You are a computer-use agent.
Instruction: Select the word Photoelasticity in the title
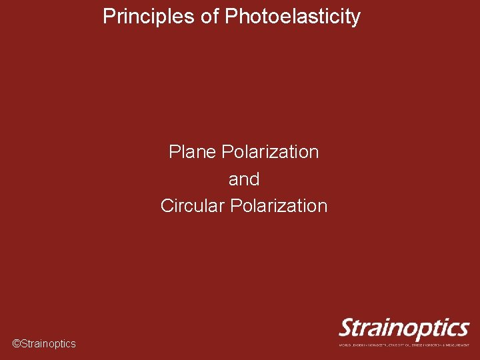(x=293, y=17)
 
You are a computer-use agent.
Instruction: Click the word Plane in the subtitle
(x=193, y=152)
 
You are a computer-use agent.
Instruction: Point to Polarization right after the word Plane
(x=270, y=152)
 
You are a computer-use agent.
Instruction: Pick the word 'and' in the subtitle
(x=244, y=179)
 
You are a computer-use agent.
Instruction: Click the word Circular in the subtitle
(x=193, y=206)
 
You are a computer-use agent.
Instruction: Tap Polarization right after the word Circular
(x=279, y=206)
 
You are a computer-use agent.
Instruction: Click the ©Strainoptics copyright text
(x=44, y=344)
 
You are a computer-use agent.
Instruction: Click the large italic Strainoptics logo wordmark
(x=404, y=329)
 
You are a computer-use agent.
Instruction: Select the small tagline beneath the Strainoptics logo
(x=404, y=345)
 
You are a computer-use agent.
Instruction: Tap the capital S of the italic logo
(x=348, y=328)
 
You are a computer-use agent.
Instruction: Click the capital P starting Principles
(x=108, y=17)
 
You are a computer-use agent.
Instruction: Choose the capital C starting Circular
(x=167, y=206)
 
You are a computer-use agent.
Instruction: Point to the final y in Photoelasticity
(x=356, y=18)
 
